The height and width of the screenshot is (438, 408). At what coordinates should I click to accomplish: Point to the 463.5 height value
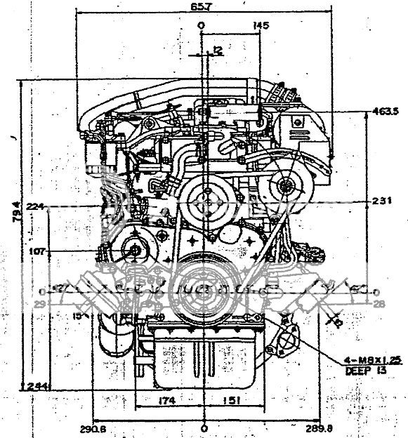(386, 112)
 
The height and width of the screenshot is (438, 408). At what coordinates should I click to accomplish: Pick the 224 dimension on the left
(33, 206)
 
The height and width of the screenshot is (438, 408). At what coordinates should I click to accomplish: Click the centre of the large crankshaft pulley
(204, 287)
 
